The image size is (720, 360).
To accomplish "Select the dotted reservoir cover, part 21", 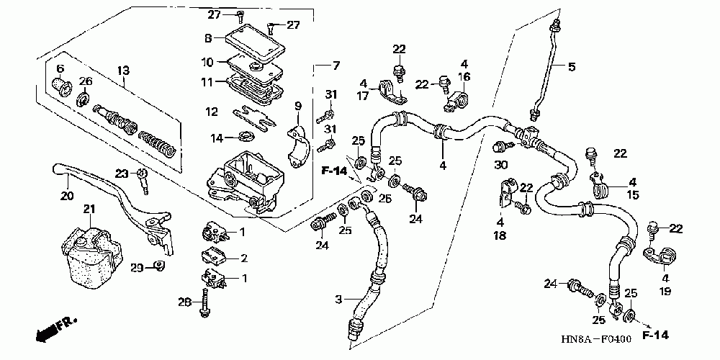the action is click(93, 258).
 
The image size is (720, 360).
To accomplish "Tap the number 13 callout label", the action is click(123, 71).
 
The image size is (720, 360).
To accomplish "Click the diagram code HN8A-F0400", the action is click(595, 340).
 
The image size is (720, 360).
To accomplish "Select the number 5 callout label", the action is click(571, 67).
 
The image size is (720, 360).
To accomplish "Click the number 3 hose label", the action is click(338, 300).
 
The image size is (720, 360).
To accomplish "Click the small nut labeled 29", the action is click(159, 266).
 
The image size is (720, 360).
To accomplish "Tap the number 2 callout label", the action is click(244, 258).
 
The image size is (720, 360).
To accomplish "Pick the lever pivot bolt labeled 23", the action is click(143, 181).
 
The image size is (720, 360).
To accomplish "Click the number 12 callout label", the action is click(211, 112).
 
